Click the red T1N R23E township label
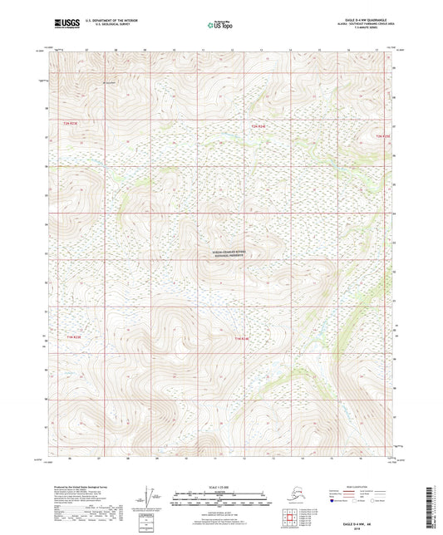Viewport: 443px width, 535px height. pyautogui.click(x=73, y=336)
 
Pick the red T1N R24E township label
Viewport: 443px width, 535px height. pyautogui.click(x=241, y=339)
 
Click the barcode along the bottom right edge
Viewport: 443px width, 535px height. pyautogui.click(x=436, y=506)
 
